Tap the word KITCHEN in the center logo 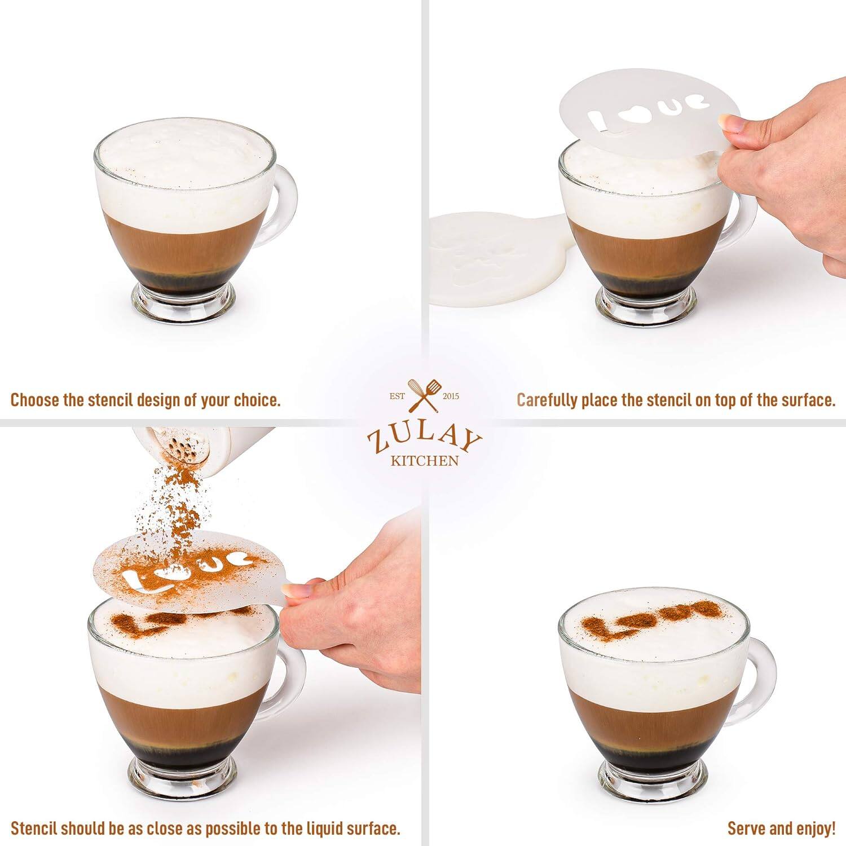424,461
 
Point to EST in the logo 398,396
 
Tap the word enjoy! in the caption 816,829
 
